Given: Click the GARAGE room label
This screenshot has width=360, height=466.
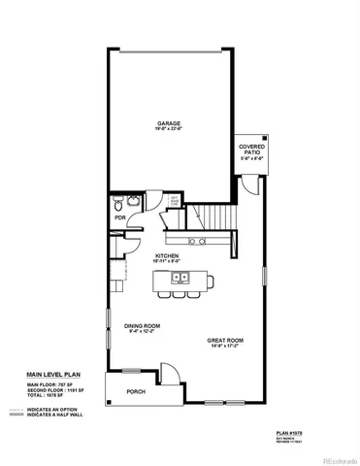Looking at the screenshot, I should click(x=170, y=123).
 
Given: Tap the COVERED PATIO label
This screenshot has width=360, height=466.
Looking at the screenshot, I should click(x=251, y=149).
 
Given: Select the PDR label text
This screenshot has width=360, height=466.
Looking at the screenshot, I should click(x=119, y=218).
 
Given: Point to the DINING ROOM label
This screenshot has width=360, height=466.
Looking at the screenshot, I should click(x=142, y=326).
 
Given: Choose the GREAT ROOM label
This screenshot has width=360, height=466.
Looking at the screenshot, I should click(x=225, y=341).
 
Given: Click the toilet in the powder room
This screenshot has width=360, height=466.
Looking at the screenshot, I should click(x=117, y=204).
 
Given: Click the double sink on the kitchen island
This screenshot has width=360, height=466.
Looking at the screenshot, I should click(x=180, y=278).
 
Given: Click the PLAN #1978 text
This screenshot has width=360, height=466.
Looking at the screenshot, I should click(x=290, y=433).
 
